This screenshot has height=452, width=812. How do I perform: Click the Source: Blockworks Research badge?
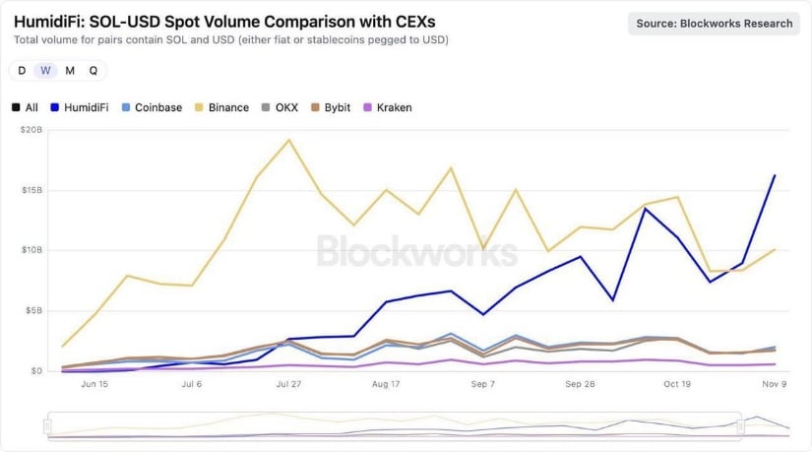pyautogui.click(x=714, y=24)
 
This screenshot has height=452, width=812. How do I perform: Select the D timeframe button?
pyautogui.click(x=22, y=70)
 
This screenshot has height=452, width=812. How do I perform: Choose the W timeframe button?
pyautogui.click(x=45, y=70)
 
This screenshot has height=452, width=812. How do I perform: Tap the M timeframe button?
pyautogui.click(x=70, y=70)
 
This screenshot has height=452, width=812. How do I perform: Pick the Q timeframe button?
pyautogui.click(x=94, y=70)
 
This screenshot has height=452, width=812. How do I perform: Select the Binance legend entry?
pyautogui.click(x=220, y=107)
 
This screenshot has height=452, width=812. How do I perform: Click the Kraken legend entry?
pyautogui.click(x=387, y=107)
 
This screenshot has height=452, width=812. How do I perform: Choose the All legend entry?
pyautogui.click(x=26, y=107)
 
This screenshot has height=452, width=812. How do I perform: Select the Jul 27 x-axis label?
pyautogui.click(x=287, y=384)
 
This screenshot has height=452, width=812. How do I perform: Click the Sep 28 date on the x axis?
pyautogui.click(x=581, y=384)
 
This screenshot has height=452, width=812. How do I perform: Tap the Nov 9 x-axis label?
pyautogui.click(x=775, y=384)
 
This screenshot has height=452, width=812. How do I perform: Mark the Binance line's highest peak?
pyautogui.click(x=288, y=140)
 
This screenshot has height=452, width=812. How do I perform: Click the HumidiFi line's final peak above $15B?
pyautogui.click(x=775, y=175)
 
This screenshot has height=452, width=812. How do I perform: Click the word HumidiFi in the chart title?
pyautogui.click(x=52, y=20)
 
